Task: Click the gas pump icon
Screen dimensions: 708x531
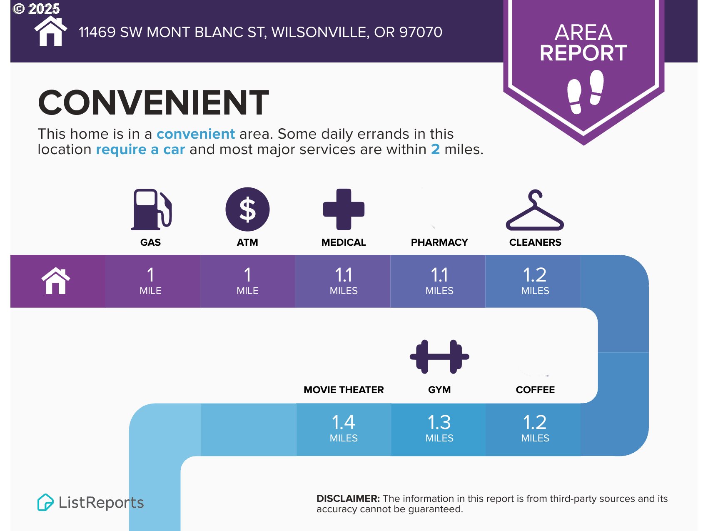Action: point(151,209)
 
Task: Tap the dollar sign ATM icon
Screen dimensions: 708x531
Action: point(247,209)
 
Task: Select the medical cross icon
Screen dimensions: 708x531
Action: point(344,209)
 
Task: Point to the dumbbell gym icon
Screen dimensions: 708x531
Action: point(439,356)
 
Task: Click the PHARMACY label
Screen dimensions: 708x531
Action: point(439,242)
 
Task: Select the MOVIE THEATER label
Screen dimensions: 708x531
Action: point(344,390)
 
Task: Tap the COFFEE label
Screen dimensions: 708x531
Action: point(535,390)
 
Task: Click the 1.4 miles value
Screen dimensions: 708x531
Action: point(344,428)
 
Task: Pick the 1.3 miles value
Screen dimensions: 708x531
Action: point(439,428)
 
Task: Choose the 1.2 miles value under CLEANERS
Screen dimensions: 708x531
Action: point(535,280)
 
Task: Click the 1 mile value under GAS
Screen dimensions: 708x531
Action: point(150,280)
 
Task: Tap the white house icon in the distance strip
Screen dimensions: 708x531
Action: point(56,281)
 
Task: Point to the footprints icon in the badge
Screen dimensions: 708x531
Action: point(585,92)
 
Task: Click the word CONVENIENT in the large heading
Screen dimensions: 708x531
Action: point(153,102)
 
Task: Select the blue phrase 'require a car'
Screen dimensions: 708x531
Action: point(140,149)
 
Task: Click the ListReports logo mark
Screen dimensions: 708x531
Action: point(45,502)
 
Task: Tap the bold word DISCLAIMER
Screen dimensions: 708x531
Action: point(348,499)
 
